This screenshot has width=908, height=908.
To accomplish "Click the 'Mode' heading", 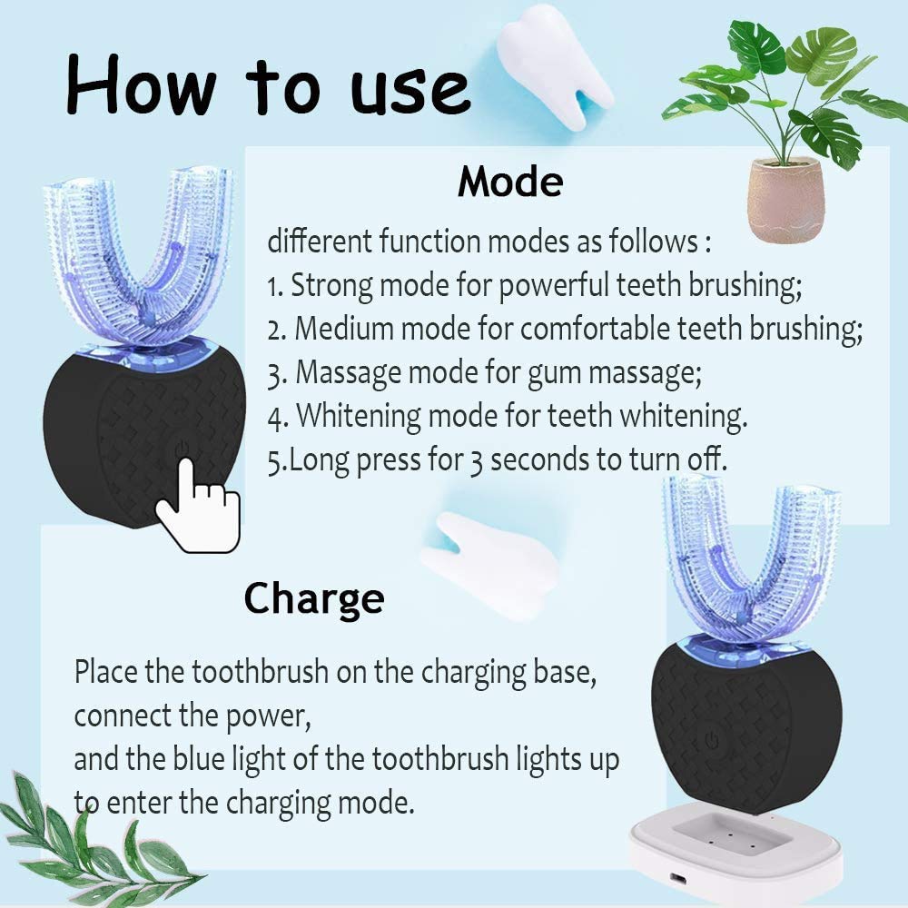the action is [x=510, y=182].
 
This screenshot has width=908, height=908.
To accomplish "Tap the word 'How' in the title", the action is [x=142, y=84].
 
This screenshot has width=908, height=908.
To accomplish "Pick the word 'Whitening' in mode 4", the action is [x=359, y=417].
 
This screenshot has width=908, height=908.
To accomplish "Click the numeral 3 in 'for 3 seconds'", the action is [x=476, y=462].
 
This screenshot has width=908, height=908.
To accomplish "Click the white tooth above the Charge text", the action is [x=491, y=565].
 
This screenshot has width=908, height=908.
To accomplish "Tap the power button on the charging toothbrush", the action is [x=712, y=739].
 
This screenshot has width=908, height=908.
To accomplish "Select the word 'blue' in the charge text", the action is [x=199, y=759].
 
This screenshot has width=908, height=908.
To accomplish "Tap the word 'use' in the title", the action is [x=410, y=92].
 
